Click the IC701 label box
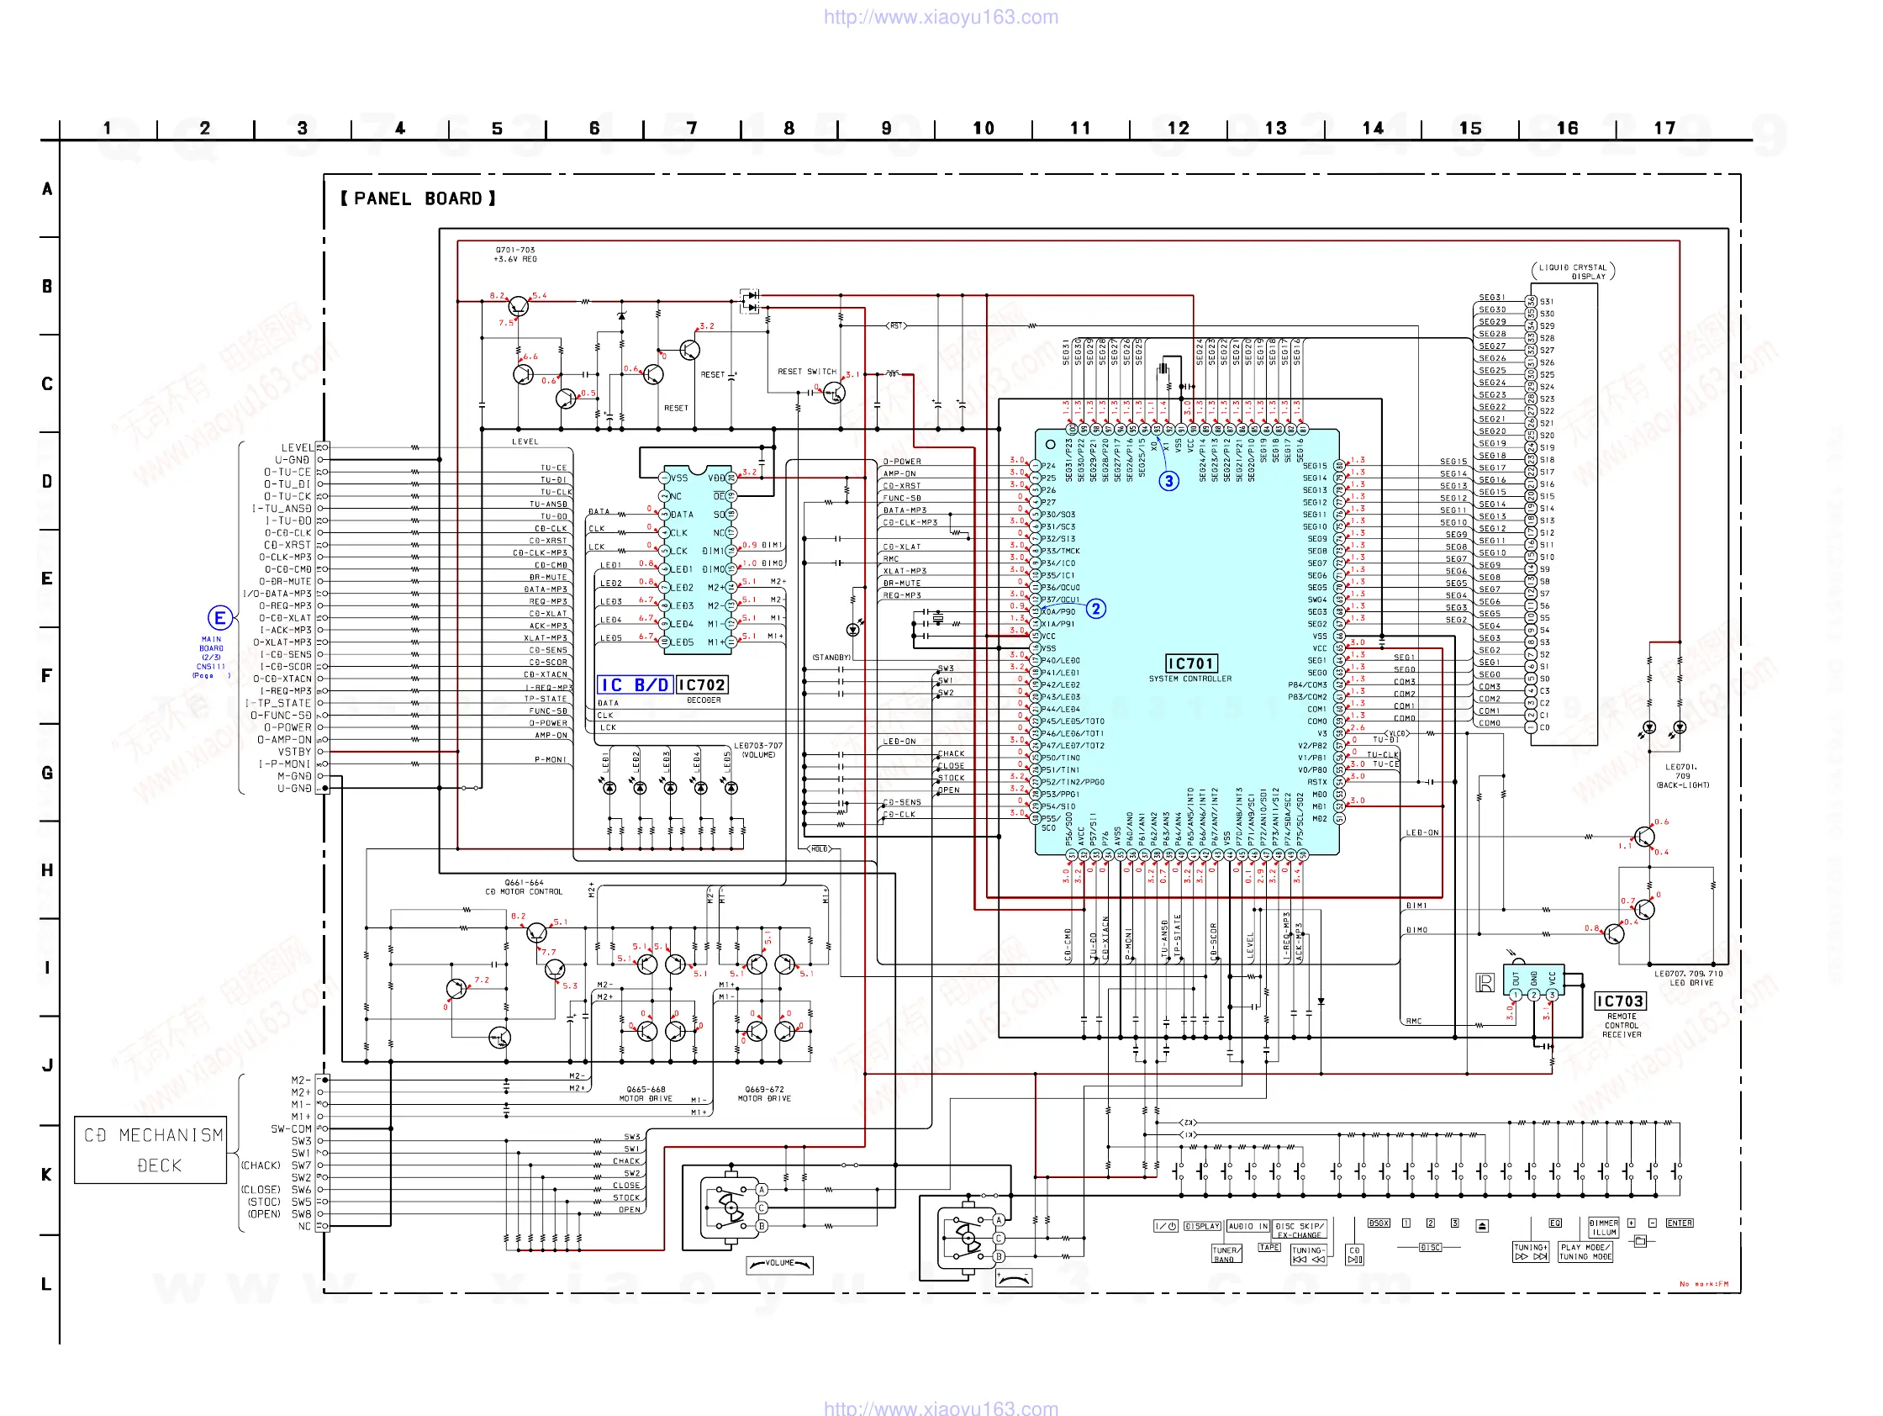pos(1190,663)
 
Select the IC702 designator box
pos(701,684)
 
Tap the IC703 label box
pos(1619,1001)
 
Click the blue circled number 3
pos(1168,481)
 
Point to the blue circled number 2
pos(1095,609)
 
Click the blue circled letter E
pos(219,618)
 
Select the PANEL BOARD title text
pos(418,198)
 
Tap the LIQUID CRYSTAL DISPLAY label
pos(1573,272)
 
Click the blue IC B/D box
pos(634,684)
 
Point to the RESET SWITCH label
pos(806,372)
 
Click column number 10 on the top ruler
pos(984,128)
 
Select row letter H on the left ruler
pos(47,870)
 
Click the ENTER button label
pos(1679,1223)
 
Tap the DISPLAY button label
pos(1202,1226)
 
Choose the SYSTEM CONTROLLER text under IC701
pos(1190,679)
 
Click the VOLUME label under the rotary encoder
pos(779,1264)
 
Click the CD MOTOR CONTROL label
pos(524,891)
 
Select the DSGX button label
pos(1378,1223)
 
